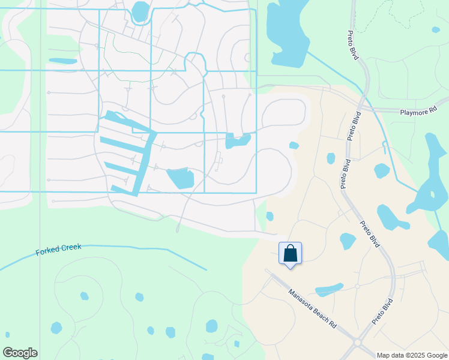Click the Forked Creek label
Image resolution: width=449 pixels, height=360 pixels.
(58, 249)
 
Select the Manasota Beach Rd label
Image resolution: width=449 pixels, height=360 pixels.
(312, 308)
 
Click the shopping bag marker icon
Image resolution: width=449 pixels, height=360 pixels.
(291, 253)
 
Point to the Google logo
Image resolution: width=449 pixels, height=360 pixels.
(20, 353)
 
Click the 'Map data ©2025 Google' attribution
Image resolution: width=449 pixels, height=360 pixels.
(412, 355)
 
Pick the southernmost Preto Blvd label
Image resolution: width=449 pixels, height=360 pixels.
(382, 311)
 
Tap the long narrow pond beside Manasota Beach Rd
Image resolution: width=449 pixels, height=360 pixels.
(329, 290)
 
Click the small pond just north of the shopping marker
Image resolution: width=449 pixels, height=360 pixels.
(270, 216)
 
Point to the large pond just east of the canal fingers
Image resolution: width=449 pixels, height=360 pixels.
(181, 178)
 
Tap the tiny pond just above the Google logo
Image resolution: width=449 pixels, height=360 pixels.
(8, 335)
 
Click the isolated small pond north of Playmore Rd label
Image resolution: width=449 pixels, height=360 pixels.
(436, 29)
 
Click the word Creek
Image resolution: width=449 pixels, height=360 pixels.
(70, 247)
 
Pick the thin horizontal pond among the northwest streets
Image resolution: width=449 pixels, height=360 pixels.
(62, 61)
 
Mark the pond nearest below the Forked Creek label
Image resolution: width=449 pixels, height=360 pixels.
(85, 296)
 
